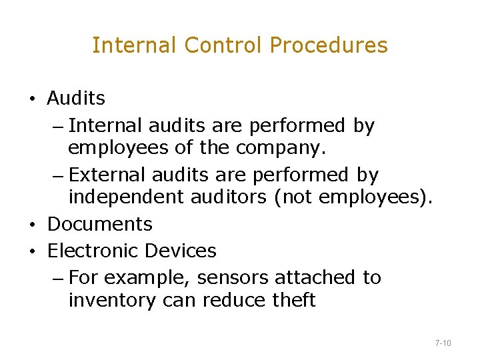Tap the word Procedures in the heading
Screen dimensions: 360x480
[329, 45]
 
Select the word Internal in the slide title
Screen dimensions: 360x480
[135, 45]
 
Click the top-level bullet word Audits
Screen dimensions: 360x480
[76, 99]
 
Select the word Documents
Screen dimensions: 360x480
[100, 224]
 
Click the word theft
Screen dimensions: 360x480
[293, 301]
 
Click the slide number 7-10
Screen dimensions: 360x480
[443, 343]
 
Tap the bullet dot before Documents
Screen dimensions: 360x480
[32, 225]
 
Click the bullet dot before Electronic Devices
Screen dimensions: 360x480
[32, 252]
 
